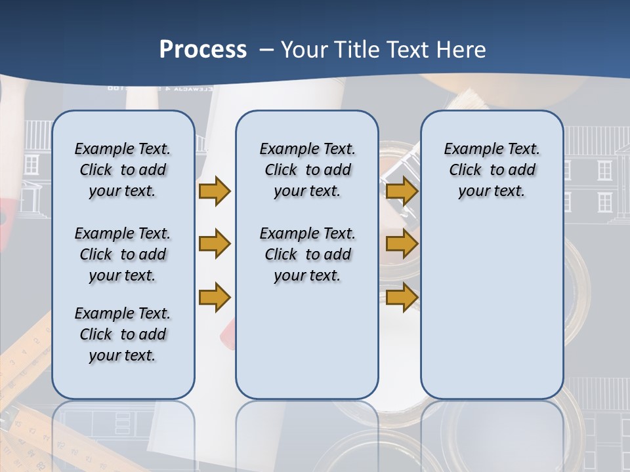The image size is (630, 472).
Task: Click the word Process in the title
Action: coord(203,50)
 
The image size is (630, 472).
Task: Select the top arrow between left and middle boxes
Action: coord(215,191)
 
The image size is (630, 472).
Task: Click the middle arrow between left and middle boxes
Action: coord(215,244)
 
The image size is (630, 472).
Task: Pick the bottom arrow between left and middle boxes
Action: coord(215,296)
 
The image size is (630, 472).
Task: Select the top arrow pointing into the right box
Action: coord(402,191)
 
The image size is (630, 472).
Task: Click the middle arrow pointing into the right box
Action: coord(402,244)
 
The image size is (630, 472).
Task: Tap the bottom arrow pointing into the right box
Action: coord(402,297)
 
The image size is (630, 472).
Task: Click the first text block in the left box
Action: coord(122,170)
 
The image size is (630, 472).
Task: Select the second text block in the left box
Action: coord(122,254)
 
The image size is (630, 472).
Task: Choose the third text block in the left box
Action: coord(122,334)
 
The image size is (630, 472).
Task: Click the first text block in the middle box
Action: coord(307,170)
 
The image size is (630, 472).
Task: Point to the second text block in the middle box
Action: coord(307,254)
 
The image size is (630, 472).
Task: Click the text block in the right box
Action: coord(492,170)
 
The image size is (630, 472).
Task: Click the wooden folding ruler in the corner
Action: coord(20,367)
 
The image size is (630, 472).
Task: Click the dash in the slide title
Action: coord(266,50)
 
